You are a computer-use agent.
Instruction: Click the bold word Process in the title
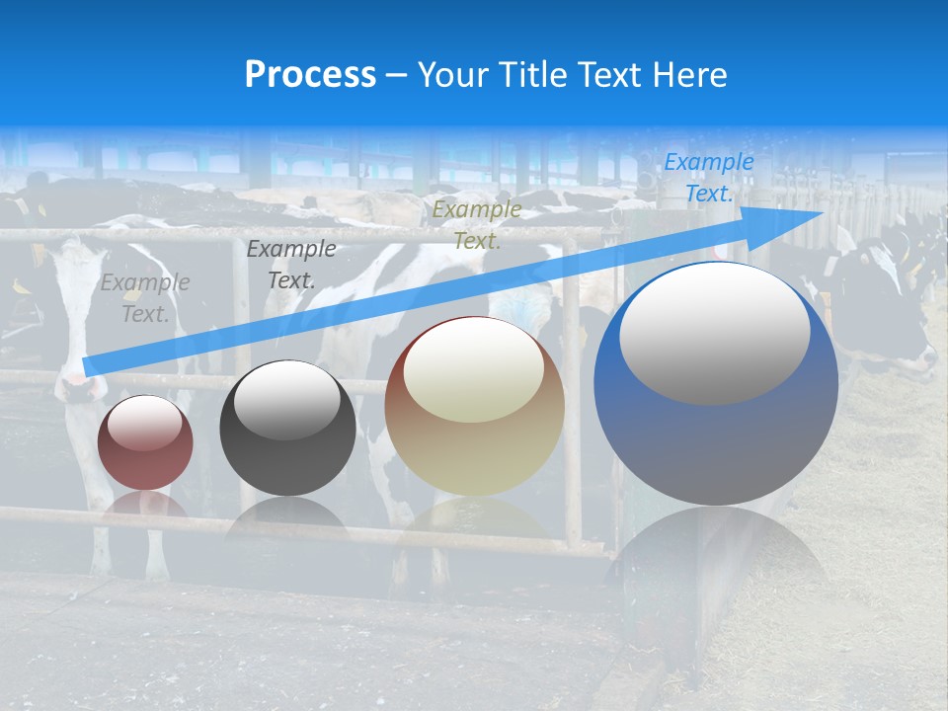point(310,75)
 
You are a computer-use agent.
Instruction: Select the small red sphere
point(145,442)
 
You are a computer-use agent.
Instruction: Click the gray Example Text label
point(145,298)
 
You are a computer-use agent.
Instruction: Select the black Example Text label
point(290,265)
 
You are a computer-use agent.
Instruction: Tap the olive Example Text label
point(477,224)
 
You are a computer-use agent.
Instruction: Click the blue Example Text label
point(708,178)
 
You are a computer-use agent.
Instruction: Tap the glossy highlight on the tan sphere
point(473,371)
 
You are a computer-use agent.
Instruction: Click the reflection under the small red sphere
point(145,507)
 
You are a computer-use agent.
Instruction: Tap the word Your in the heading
point(448,75)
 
